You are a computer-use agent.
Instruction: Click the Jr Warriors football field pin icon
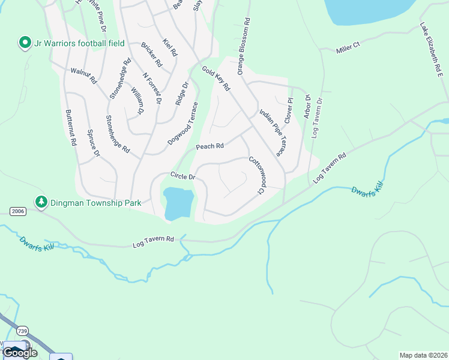(x=25, y=43)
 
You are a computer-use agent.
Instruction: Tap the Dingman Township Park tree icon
(x=41, y=202)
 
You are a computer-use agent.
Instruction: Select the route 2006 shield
(x=17, y=211)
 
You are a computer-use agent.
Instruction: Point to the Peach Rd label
(x=209, y=146)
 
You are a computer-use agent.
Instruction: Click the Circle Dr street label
(x=183, y=176)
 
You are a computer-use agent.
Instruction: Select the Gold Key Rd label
(x=216, y=79)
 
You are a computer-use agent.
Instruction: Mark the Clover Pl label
(x=289, y=110)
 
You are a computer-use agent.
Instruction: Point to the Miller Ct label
(x=348, y=46)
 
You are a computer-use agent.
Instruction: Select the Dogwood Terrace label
(x=183, y=123)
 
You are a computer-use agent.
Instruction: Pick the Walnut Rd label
(x=83, y=74)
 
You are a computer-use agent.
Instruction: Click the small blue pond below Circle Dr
(x=178, y=202)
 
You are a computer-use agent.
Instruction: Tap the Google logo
(x=20, y=352)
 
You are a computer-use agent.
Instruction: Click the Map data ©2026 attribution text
(x=423, y=355)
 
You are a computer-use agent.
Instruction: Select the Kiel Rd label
(x=170, y=48)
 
